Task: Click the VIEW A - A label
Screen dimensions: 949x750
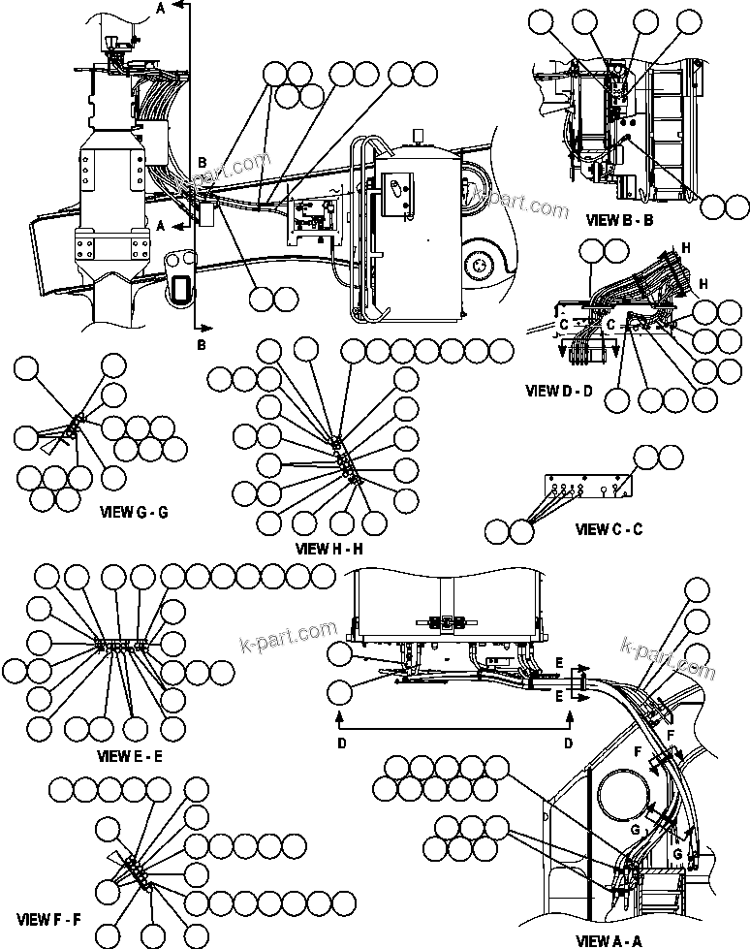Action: click(x=609, y=939)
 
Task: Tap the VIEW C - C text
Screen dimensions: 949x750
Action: click(x=609, y=529)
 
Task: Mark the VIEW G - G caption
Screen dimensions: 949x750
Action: click(x=134, y=511)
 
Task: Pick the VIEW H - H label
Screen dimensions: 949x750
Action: click(x=328, y=548)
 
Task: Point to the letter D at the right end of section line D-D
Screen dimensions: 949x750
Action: click(x=568, y=742)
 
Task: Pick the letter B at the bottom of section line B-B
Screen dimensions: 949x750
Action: click(x=201, y=343)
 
